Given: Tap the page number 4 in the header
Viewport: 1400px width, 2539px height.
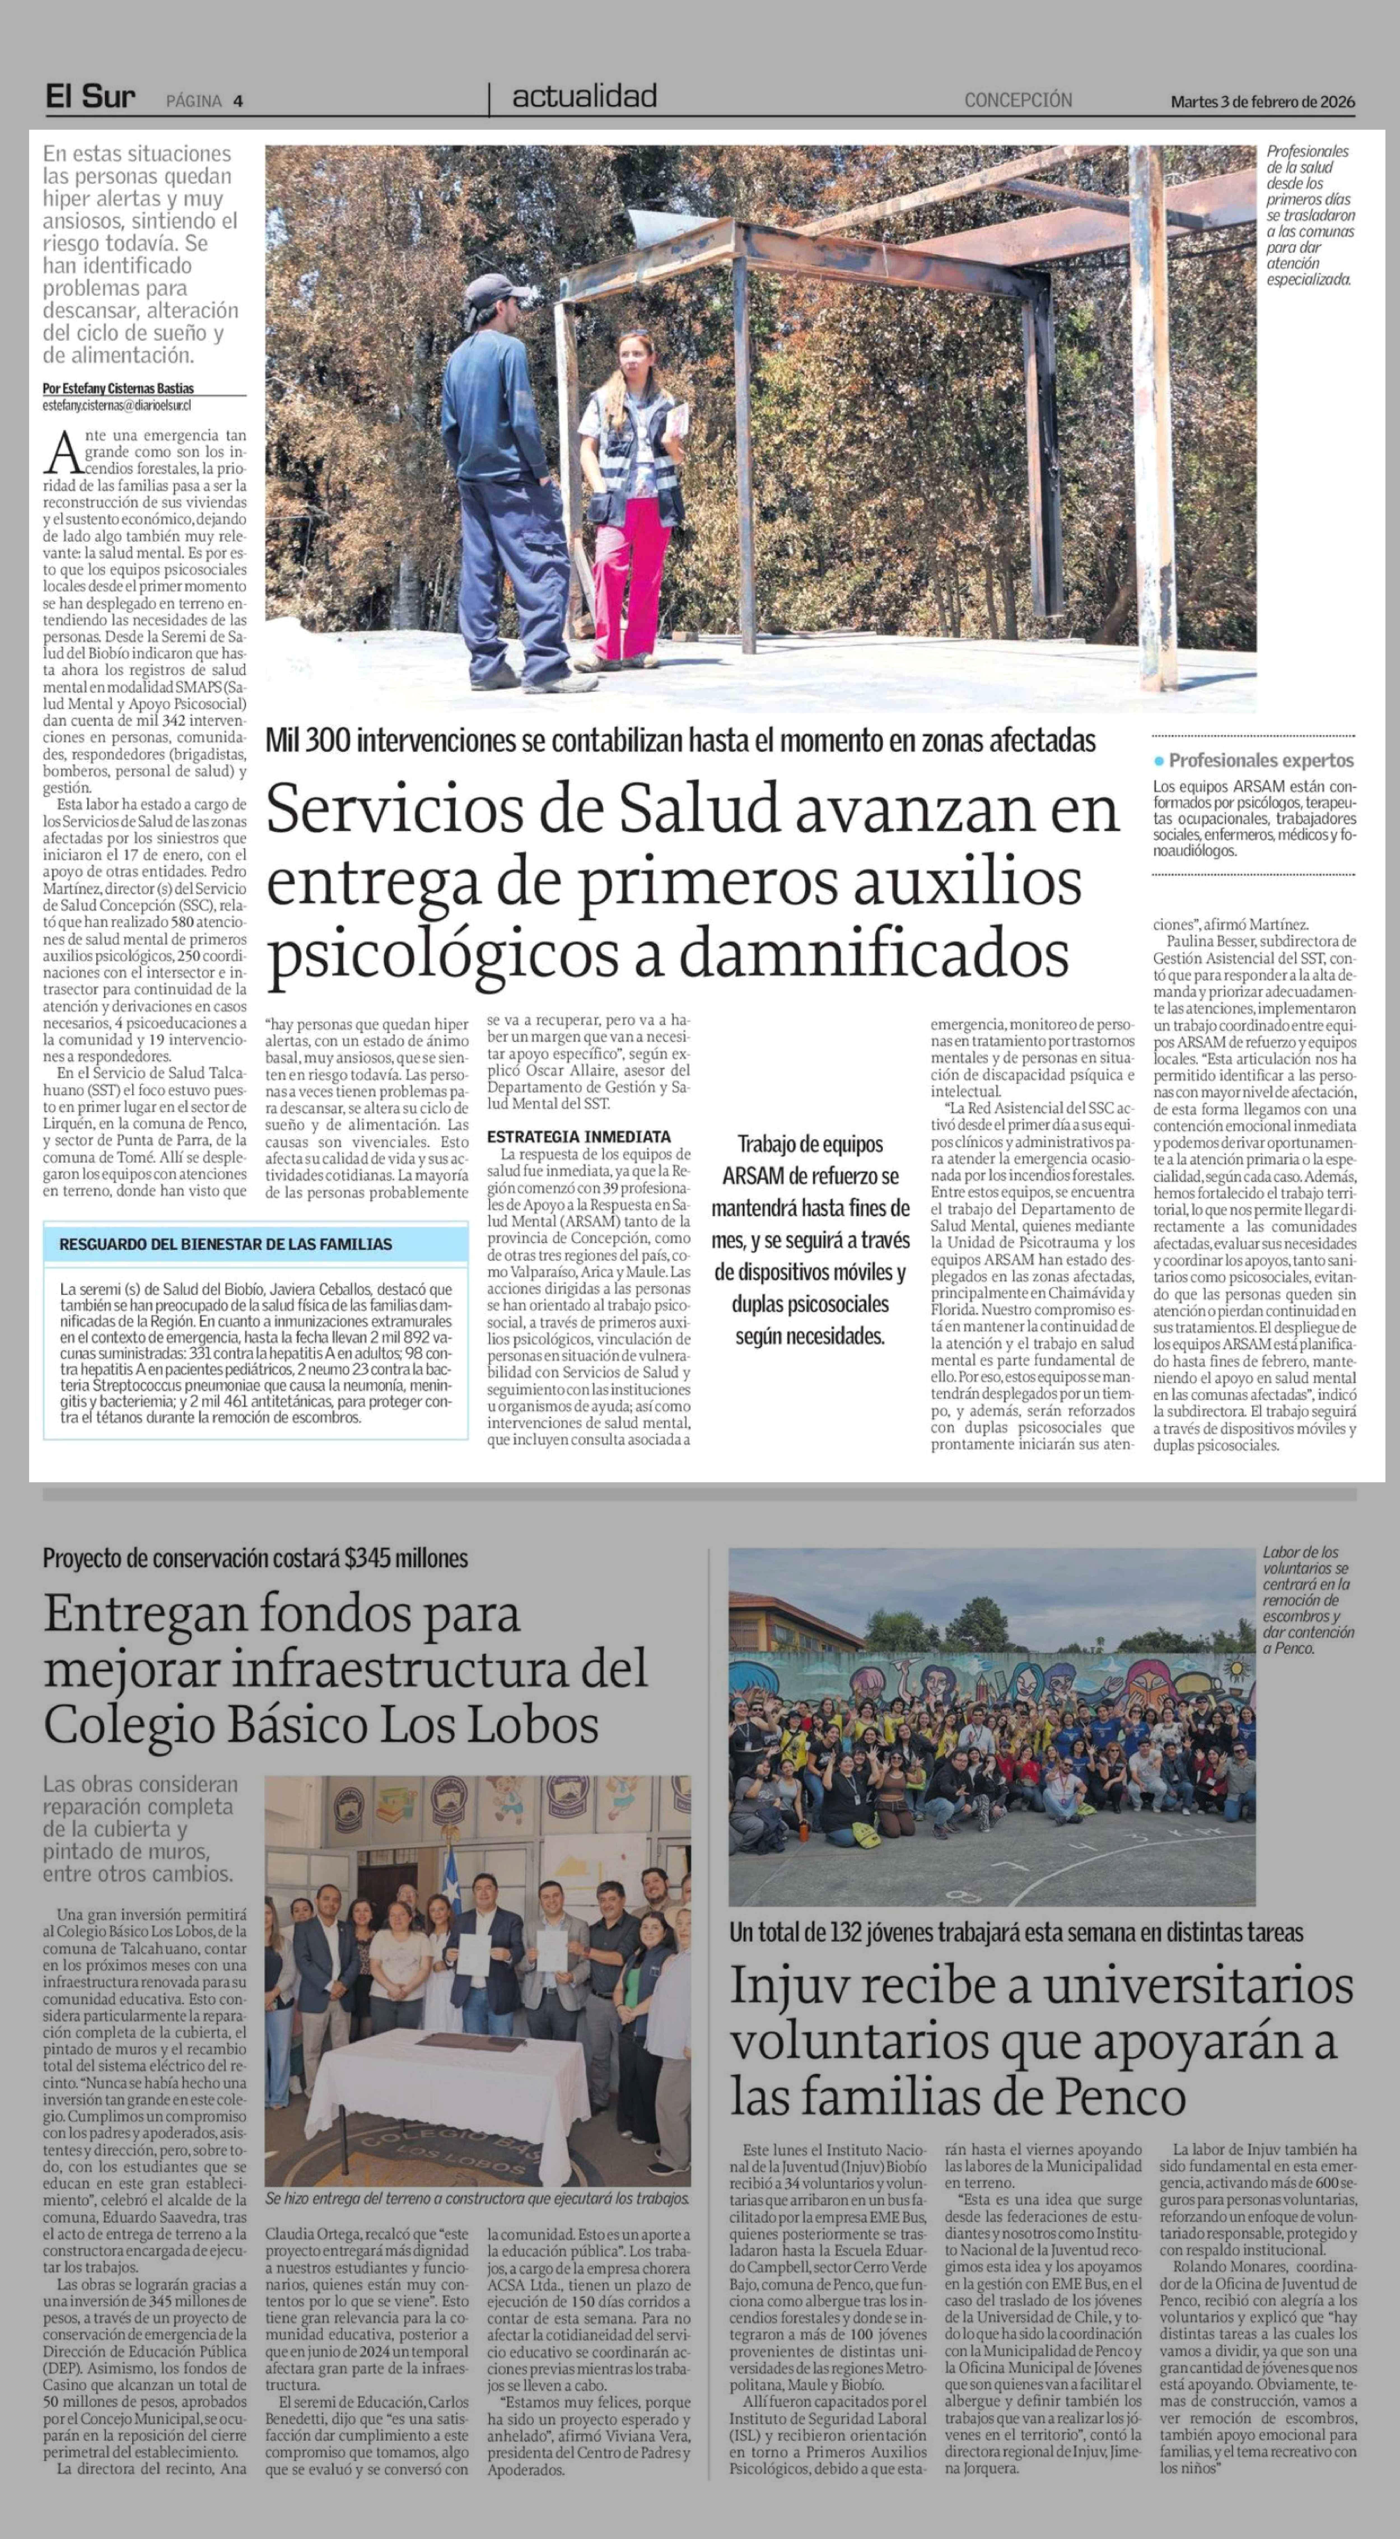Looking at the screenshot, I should pyautogui.click(x=239, y=101).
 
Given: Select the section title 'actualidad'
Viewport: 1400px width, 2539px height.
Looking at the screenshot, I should pyautogui.click(x=584, y=97).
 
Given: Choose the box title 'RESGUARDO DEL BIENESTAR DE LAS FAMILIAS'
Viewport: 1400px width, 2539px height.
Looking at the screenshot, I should pyautogui.click(x=226, y=1244).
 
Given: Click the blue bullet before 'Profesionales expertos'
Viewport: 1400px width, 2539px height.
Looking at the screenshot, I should pyautogui.click(x=1159, y=761).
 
